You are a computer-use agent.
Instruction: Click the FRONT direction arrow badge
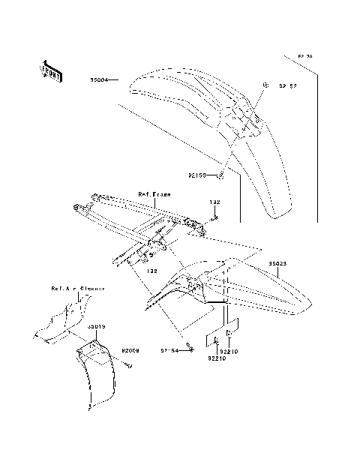tap(50, 69)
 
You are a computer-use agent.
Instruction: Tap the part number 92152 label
tap(287, 85)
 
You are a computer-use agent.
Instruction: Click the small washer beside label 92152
tap(265, 85)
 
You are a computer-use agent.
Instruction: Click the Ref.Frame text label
tap(154, 193)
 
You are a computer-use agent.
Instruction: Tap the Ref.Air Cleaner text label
tap(77, 288)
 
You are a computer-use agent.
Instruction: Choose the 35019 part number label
tap(95, 327)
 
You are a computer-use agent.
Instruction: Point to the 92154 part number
tap(169, 349)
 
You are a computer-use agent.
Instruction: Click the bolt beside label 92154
tap(190, 347)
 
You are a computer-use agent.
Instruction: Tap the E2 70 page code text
tap(305, 56)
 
